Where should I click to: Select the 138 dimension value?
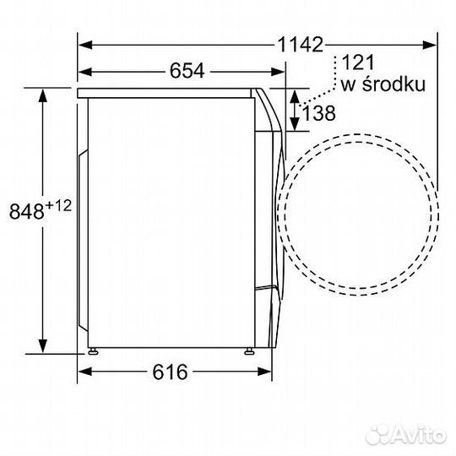coord(318,111)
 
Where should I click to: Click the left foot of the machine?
coord(92,349)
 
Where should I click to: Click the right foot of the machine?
coord(250,349)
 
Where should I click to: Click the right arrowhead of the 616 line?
coord(269,371)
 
